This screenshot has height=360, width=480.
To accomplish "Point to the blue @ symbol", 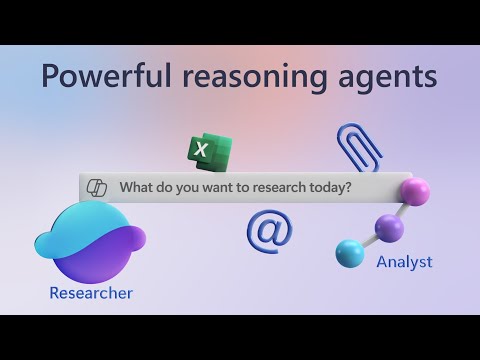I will coord(269,230).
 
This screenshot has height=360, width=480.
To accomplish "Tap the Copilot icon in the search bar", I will coord(98,188).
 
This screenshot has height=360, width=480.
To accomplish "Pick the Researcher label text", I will coord(91,293).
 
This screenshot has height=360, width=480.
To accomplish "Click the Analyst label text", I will coord(404,262).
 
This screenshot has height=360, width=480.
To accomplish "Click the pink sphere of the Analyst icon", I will coord(413,190).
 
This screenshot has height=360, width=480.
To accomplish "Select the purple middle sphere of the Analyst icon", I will coord(389,229).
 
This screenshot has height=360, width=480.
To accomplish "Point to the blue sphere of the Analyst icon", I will coord(350,254).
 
